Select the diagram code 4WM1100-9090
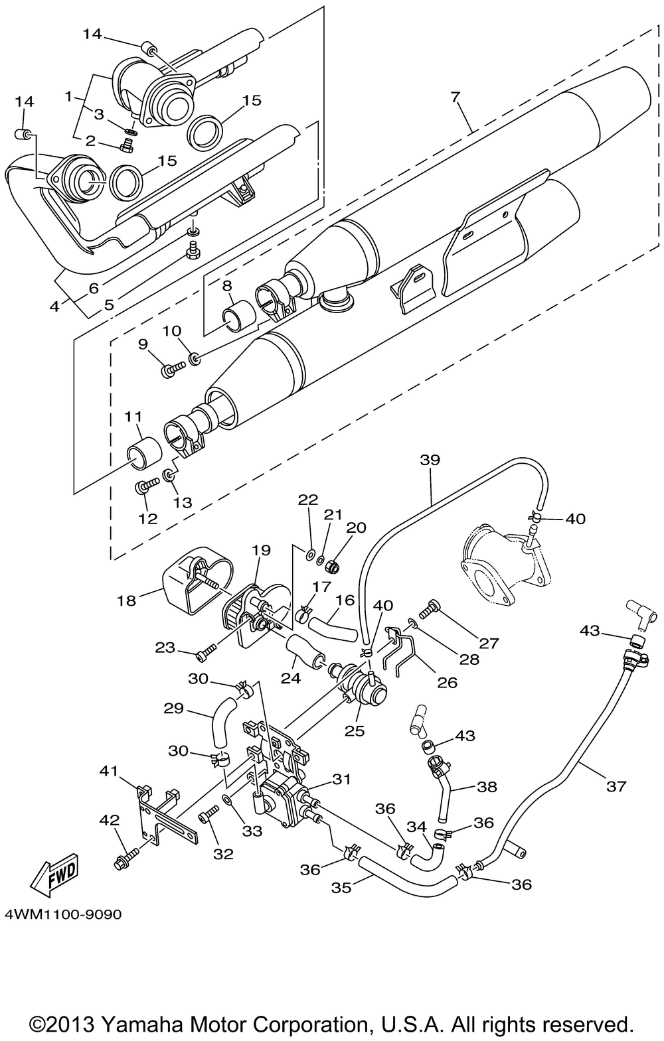63,914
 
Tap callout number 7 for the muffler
456,97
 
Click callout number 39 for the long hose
430,460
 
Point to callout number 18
126,600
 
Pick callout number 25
355,730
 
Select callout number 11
133,416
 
